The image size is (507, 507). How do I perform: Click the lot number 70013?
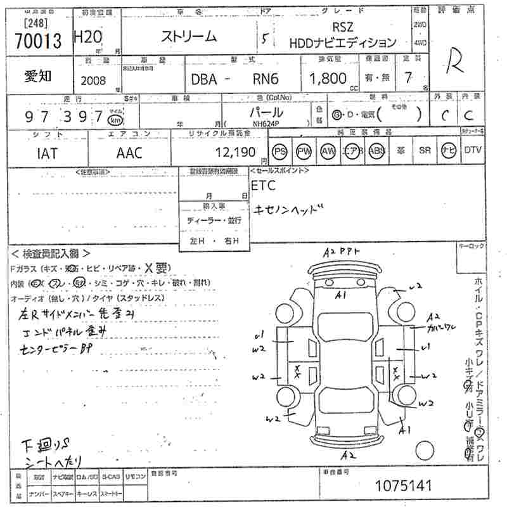(x=36, y=41)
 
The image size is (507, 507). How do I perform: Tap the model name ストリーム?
(x=189, y=37)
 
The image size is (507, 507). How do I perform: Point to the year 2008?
(x=94, y=80)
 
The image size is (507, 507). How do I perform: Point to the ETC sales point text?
(x=264, y=186)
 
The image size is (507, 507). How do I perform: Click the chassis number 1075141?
(x=403, y=486)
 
